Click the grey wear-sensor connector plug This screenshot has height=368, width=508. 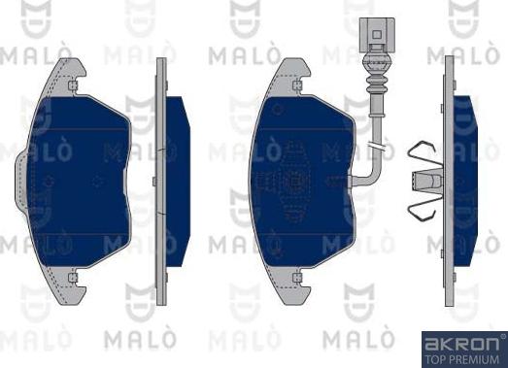pos(377,35)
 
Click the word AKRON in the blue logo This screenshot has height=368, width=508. pos(461,344)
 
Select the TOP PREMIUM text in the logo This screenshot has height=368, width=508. pos(461,359)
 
